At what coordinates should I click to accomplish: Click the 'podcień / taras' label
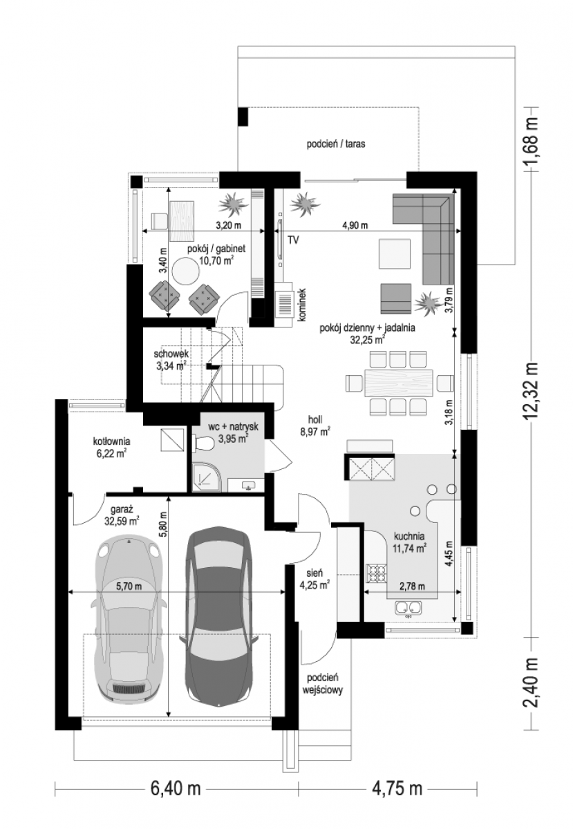tap(336, 144)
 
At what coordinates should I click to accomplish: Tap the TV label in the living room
tap(293, 240)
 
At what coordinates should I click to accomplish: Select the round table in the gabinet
tap(187, 271)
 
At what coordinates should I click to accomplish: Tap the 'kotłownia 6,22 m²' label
tap(111, 448)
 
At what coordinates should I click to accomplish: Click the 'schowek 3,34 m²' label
tap(171, 360)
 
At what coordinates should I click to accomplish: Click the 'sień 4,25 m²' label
tap(314, 579)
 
